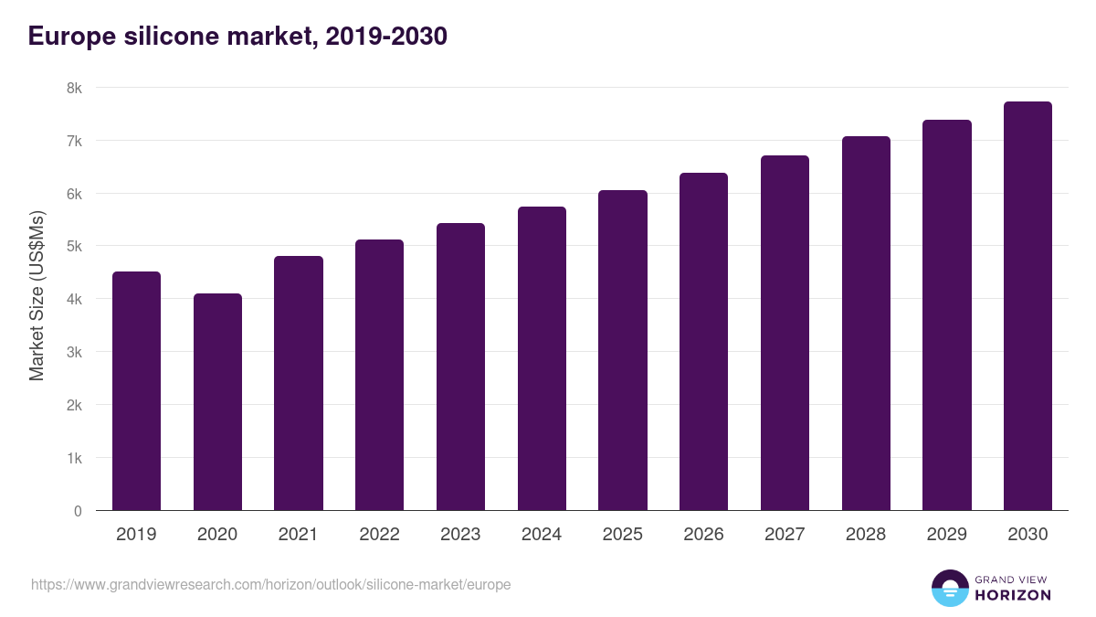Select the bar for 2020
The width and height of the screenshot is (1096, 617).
217,402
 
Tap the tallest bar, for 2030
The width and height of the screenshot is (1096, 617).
1027,306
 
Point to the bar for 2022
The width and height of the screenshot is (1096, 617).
379,375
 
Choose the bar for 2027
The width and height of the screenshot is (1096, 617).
785,333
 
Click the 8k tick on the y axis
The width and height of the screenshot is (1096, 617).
74,89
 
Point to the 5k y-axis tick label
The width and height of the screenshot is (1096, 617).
74,247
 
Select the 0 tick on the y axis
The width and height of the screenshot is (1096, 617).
78,511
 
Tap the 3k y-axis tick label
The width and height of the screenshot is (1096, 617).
74,352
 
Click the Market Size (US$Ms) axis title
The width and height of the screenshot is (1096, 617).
37,299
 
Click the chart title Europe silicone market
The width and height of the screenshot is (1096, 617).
237,37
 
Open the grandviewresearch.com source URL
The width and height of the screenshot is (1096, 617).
271,584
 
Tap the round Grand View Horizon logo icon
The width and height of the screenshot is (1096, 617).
949,588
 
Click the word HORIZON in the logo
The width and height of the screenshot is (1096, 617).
1013,595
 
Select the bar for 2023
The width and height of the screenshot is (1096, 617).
460,367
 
